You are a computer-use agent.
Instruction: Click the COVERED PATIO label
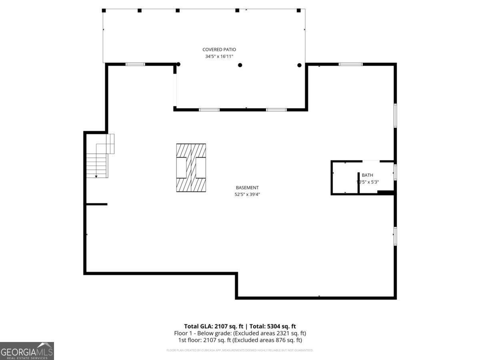click(219, 50)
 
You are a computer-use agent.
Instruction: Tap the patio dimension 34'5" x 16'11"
click(219, 56)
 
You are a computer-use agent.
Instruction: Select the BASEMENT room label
click(247, 188)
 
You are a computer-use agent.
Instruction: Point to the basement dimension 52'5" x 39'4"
click(247, 194)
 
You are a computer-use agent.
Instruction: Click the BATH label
click(367, 175)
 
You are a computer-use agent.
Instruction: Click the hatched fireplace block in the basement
click(191, 168)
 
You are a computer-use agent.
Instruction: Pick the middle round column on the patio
click(240, 65)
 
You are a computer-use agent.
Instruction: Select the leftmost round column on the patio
click(178, 64)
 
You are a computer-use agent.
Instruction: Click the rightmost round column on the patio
click(299, 65)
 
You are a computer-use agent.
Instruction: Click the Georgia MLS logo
click(27, 351)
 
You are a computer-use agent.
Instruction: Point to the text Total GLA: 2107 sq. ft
click(213, 326)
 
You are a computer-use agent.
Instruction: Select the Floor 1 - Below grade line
click(240, 333)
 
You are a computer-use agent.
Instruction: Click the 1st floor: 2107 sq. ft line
click(240, 340)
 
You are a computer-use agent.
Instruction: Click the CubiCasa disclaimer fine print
click(240, 350)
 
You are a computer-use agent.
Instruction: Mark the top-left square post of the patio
click(104, 10)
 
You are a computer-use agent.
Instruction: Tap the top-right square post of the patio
click(298, 10)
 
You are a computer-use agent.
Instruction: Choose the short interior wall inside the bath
click(358, 182)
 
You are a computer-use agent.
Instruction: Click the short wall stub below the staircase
click(96, 204)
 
